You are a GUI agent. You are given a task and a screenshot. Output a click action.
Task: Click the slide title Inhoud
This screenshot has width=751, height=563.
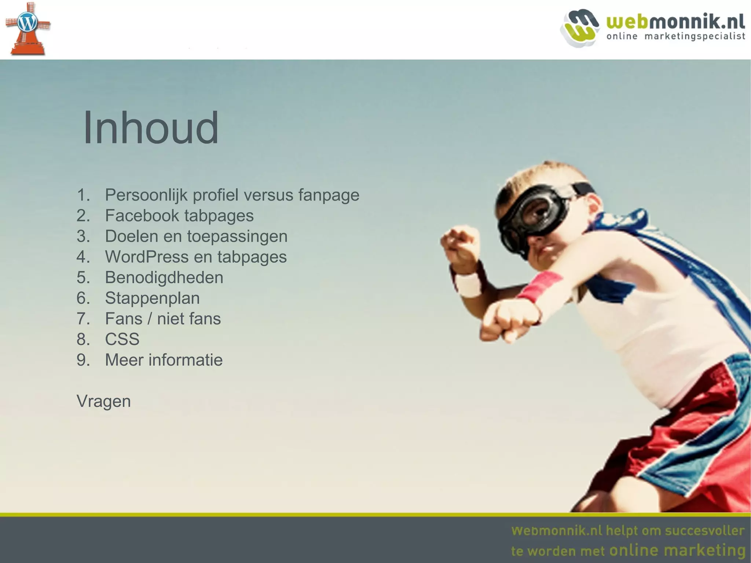[151, 128]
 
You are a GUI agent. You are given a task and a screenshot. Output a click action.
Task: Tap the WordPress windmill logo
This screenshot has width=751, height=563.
[27, 29]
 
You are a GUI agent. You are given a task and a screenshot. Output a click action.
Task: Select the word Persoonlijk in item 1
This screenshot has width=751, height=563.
[146, 195]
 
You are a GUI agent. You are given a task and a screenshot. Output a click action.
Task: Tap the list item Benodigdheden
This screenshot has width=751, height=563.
[164, 277]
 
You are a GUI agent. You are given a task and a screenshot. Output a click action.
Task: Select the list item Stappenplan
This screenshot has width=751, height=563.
[152, 298]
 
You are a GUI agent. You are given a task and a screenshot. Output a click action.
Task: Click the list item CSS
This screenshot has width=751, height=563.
[122, 339]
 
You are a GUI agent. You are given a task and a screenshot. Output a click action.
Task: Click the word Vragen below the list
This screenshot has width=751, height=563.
[104, 401]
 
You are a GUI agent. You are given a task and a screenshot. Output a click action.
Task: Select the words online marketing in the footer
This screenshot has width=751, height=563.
[677, 550]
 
